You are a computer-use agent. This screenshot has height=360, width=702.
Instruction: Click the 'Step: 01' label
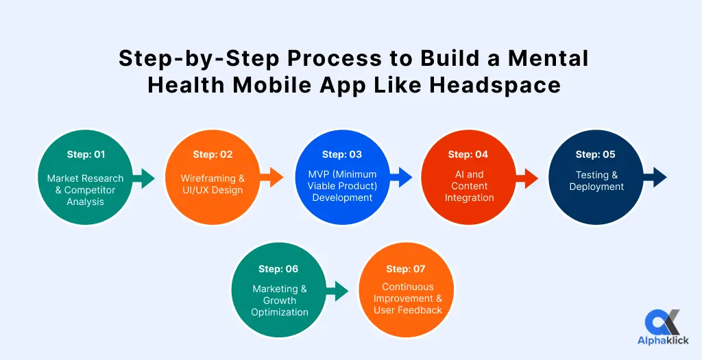coord(86,154)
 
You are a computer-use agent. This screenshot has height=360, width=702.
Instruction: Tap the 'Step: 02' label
coord(213,154)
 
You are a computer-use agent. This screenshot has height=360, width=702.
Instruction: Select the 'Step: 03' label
coord(342,154)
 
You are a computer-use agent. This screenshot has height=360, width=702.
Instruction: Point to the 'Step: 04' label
coord(468,154)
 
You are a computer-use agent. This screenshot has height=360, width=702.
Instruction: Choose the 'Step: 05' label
coord(596,154)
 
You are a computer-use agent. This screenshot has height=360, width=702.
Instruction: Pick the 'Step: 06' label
coord(278,269)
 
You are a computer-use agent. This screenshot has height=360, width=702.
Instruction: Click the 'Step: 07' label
coord(406,269)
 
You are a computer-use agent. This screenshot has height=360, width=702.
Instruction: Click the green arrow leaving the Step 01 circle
coord(143,178)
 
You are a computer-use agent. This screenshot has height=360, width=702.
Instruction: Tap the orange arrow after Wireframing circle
coord(271,178)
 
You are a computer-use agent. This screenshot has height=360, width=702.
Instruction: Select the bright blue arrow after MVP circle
coord(400,178)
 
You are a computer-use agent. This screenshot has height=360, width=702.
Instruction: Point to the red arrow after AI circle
coord(526,178)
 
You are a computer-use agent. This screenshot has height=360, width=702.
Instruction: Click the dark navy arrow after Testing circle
coord(655,178)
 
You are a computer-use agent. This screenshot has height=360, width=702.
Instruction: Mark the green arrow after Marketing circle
coord(337,291)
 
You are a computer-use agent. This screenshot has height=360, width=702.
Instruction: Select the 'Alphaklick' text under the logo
coord(663,341)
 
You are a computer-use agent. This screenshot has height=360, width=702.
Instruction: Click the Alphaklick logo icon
coord(663,322)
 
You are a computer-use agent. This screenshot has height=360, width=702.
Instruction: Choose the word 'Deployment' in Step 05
coord(596,187)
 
